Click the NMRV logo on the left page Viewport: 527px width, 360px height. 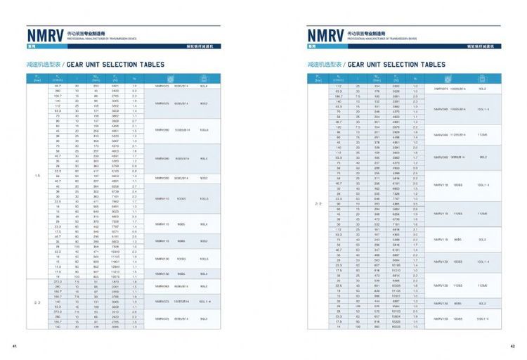(45, 34)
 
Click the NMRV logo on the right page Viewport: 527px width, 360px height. (325, 34)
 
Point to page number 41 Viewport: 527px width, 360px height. (14, 346)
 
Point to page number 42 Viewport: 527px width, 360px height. (512, 346)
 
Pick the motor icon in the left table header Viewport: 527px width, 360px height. (204, 78)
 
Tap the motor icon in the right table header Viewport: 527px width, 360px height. (483, 78)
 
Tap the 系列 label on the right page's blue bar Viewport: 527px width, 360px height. (313, 46)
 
